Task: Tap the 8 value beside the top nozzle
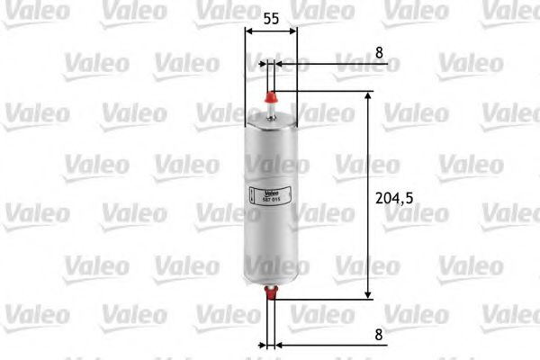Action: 379,52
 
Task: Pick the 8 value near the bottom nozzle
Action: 380,333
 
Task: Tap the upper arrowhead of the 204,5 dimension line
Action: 368,95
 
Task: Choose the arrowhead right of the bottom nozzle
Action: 278,344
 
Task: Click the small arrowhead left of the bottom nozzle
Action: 264,344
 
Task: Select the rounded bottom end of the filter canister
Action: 270,275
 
